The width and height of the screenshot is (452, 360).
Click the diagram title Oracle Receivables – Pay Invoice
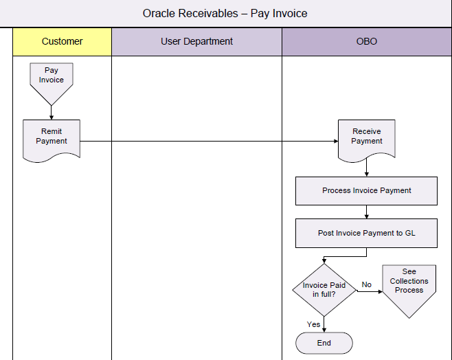click(225, 13)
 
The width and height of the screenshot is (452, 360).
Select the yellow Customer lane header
click(62, 41)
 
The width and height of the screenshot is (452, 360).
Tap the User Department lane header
click(196, 41)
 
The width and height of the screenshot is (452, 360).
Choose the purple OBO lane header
click(367, 41)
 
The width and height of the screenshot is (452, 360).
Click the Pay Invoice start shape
click(52, 78)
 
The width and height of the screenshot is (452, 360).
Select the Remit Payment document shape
click(52, 138)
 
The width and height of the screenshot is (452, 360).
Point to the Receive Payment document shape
click(366, 138)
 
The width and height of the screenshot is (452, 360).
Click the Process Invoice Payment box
click(366, 190)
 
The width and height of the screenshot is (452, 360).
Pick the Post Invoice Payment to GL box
click(366, 233)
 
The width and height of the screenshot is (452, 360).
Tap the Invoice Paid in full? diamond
click(324, 290)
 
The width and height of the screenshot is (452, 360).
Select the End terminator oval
click(324, 343)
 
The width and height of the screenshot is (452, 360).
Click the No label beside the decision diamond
click(367, 284)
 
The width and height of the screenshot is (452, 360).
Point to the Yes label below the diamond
click(314, 324)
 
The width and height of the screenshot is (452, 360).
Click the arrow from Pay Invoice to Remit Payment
click(52, 111)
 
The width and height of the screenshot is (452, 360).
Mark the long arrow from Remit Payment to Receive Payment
click(206, 141)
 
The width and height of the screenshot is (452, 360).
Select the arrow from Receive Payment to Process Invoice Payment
click(366, 169)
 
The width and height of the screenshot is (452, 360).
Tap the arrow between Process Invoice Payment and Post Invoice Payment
click(366, 212)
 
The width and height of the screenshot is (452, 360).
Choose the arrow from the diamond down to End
click(324, 324)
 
